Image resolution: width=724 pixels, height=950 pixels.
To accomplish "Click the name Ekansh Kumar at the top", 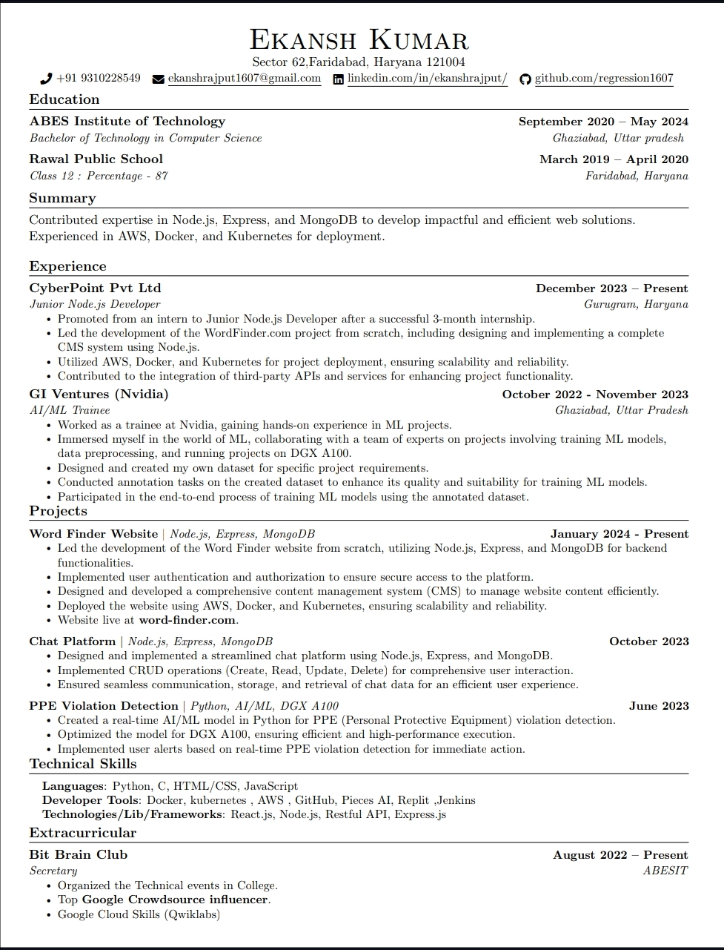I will [x=359, y=39].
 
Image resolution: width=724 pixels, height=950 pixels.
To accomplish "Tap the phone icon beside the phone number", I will [x=46, y=79].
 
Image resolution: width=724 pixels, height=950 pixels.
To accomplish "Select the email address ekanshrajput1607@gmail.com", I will [x=245, y=78].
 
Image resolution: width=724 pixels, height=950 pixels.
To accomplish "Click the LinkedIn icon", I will [x=339, y=79].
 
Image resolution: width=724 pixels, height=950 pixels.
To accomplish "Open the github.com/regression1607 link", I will [x=604, y=78].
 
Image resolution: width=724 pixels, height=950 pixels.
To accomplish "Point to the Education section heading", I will [x=64, y=99].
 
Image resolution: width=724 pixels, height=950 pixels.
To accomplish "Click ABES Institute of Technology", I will [x=127, y=121].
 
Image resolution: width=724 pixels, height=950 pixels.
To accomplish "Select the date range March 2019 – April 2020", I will [x=614, y=159].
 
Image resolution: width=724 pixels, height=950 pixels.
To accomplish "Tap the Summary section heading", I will [x=62, y=198].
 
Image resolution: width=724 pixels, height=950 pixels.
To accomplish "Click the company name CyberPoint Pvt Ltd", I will [x=95, y=288].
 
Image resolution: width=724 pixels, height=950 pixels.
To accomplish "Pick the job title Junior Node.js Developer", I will [x=95, y=304].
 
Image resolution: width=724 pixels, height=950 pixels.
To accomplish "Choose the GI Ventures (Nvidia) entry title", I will [x=99, y=394].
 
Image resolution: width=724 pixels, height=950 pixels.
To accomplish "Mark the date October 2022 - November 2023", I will [x=595, y=395].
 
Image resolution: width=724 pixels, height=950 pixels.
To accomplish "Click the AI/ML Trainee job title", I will [x=70, y=410].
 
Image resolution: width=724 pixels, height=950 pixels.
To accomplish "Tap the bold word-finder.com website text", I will [x=187, y=620].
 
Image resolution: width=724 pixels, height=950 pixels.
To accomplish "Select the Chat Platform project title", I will [x=73, y=641].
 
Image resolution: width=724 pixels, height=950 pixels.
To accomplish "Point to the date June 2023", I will [x=659, y=706].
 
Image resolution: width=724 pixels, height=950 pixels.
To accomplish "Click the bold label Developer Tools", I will [x=90, y=800].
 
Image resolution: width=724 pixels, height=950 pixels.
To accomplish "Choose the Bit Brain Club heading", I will [x=79, y=854].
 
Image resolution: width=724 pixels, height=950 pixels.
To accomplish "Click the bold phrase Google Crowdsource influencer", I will [x=175, y=900].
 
